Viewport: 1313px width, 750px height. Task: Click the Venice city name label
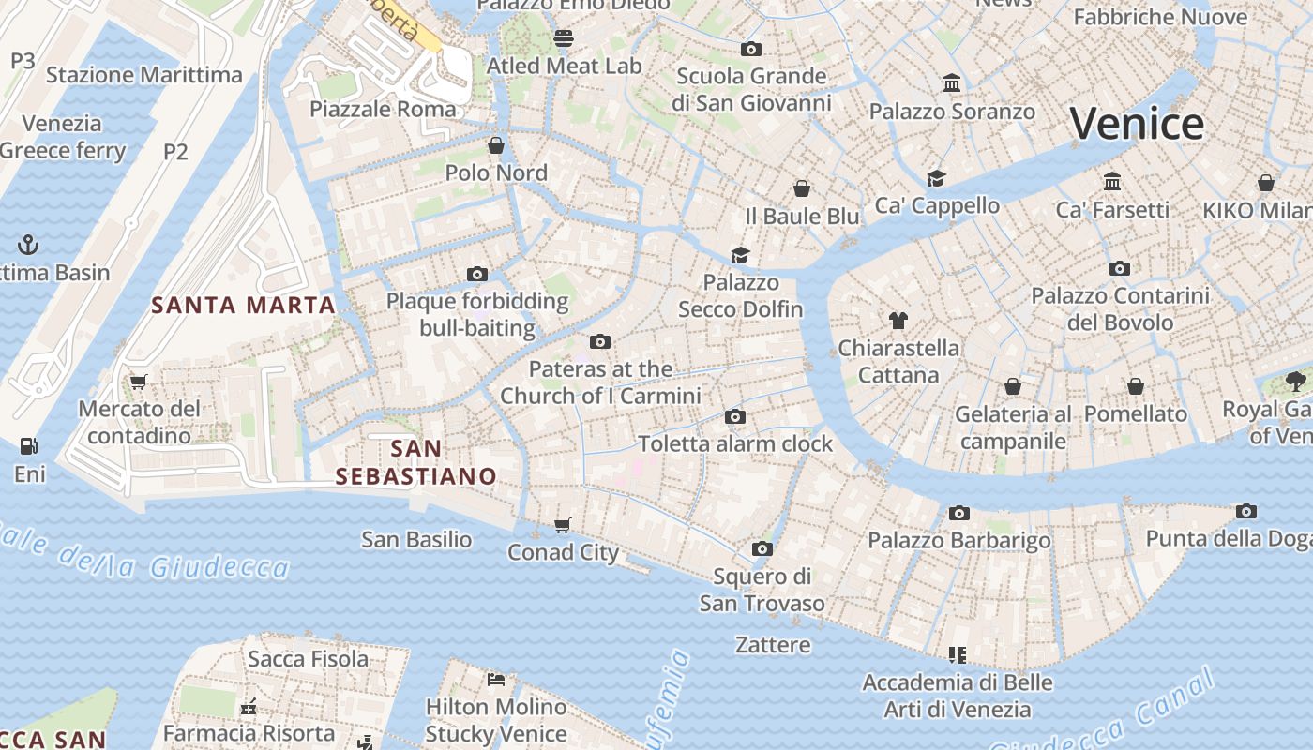click(1137, 124)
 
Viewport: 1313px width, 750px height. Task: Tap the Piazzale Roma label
click(383, 109)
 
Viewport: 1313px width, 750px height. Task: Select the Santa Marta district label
click(244, 305)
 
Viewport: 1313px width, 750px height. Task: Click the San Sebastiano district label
click(416, 462)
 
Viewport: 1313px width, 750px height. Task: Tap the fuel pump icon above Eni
click(29, 446)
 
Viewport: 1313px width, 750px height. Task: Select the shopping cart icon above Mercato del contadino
click(139, 382)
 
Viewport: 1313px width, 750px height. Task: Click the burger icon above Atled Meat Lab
click(564, 38)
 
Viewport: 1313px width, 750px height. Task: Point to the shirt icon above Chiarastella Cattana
click(898, 321)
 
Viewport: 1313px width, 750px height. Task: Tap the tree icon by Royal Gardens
click(1296, 382)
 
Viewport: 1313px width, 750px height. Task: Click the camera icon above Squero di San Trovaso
click(762, 548)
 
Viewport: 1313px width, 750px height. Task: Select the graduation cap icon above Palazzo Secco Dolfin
click(741, 255)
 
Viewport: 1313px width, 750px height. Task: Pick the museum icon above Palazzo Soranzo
click(952, 83)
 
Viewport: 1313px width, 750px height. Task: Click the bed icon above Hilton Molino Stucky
click(496, 679)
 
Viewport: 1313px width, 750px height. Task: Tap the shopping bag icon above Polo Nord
click(496, 145)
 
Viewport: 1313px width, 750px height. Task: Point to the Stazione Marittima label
click(144, 75)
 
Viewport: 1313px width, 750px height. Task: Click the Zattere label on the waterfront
click(773, 645)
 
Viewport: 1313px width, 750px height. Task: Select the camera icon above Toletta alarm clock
click(735, 416)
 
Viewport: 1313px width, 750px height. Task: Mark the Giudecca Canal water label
click(1107, 722)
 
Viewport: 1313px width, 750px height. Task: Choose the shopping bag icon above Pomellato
click(1136, 386)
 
